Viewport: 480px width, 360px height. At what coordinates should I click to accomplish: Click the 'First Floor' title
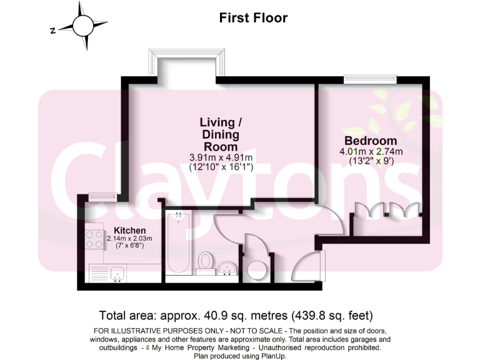(253, 17)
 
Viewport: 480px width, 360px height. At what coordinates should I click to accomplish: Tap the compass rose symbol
(83, 26)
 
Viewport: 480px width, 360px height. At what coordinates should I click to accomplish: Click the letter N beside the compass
(54, 29)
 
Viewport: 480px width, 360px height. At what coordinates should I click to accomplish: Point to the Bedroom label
(371, 141)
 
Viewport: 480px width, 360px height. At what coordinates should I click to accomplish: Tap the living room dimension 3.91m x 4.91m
(221, 157)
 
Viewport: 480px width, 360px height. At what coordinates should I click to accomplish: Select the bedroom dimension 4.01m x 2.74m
(371, 151)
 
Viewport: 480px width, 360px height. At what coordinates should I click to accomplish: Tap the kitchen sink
(116, 273)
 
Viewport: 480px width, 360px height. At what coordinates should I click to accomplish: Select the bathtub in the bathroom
(179, 246)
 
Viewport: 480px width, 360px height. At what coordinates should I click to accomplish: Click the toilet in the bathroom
(205, 262)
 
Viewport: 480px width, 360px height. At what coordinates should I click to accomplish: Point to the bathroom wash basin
(227, 269)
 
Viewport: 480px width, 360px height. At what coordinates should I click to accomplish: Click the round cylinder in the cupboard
(256, 270)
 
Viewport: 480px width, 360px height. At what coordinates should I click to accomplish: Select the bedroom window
(369, 79)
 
